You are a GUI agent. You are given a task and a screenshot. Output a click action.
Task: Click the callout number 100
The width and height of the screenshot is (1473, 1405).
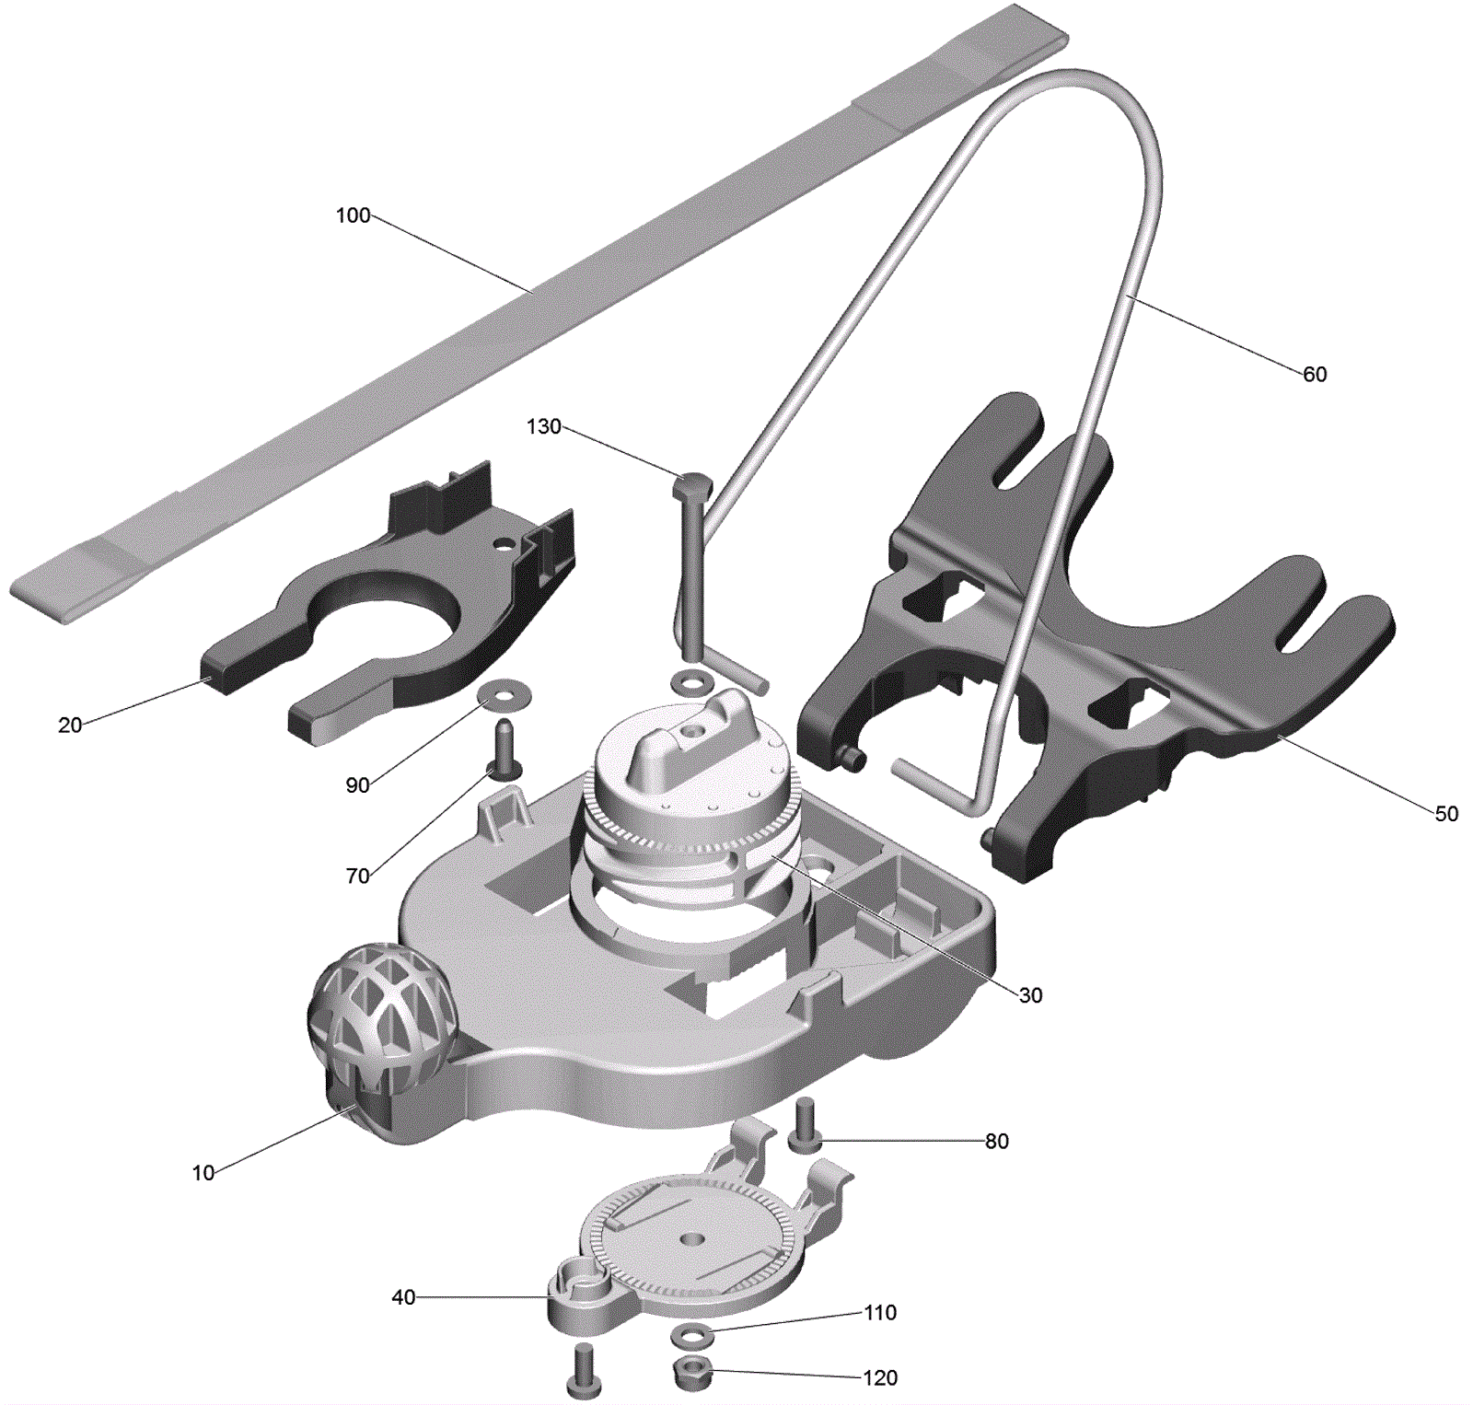click(353, 215)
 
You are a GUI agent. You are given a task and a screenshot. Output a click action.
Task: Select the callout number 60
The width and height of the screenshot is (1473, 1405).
click(1315, 374)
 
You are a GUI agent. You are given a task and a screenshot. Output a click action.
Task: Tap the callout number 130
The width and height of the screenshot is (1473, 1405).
click(543, 426)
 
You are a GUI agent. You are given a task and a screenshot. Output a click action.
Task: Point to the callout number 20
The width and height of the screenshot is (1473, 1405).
click(70, 726)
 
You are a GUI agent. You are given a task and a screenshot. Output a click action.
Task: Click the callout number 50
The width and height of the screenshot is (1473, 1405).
click(1446, 814)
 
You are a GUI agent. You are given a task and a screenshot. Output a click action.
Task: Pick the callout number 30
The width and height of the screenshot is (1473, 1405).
click(1030, 995)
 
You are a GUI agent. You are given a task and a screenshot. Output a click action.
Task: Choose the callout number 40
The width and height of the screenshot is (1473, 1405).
click(403, 1297)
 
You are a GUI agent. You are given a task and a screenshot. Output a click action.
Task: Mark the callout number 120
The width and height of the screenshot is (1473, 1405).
click(880, 1378)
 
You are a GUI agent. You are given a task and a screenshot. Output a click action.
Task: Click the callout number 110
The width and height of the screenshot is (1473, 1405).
click(880, 1313)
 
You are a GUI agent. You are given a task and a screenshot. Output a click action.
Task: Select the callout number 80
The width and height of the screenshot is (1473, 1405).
click(997, 1142)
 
